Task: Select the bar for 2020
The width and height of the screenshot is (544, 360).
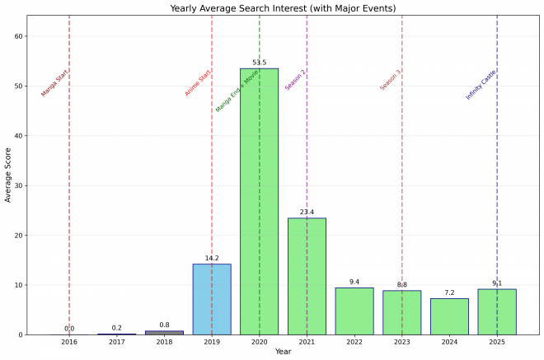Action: pyautogui.click(x=259, y=201)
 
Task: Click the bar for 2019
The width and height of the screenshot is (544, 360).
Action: pyautogui.click(x=212, y=299)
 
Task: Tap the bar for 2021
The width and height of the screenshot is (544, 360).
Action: pyautogui.click(x=307, y=276)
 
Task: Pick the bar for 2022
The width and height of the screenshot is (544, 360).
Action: pyautogui.click(x=354, y=311)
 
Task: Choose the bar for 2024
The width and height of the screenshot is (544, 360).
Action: pyautogui.click(x=449, y=316)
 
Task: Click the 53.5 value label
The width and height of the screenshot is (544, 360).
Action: pyautogui.click(x=259, y=63)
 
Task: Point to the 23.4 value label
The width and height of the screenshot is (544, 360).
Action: pyautogui.click(x=307, y=213)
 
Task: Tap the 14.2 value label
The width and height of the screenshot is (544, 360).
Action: pyautogui.click(x=212, y=259)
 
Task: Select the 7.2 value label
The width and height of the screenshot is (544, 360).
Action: pyautogui.click(x=449, y=293)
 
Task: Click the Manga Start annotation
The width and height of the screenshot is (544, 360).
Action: pyautogui.click(x=55, y=83)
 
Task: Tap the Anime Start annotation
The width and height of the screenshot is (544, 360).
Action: pyautogui.click(x=198, y=82)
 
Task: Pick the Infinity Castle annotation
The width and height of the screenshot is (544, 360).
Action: pyautogui.click(x=481, y=85)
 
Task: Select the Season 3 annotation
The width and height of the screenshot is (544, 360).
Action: pyautogui.click(x=391, y=80)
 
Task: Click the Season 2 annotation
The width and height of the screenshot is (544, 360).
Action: pyautogui.click(x=295, y=80)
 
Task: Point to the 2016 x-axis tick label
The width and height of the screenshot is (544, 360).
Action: pyautogui.click(x=69, y=340)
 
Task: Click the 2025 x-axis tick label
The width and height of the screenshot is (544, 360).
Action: pyautogui.click(x=497, y=340)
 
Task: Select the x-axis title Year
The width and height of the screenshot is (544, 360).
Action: pyautogui.click(x=283, y=352)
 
